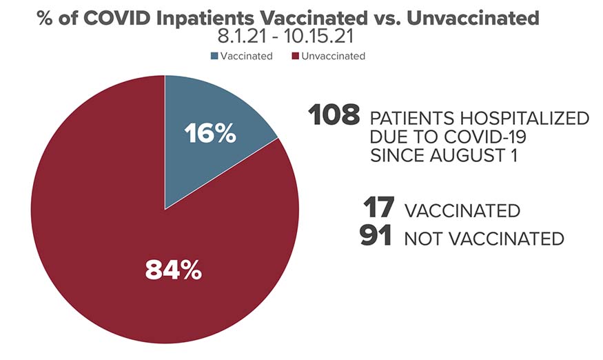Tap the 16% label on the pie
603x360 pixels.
coord(210,134)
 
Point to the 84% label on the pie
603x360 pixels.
coord(174,270)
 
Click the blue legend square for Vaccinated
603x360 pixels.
coord(214,57)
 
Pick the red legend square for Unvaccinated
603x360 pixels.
coord(296,57)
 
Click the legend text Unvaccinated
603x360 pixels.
coord(333,57)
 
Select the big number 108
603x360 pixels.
coord(334,114)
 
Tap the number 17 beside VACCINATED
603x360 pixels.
coord(379,208)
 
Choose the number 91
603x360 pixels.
coord(376,235)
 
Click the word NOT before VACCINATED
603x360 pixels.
coord(425,239)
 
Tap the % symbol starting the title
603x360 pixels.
coord(45,18)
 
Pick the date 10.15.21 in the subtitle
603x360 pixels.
coord(319,37)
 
